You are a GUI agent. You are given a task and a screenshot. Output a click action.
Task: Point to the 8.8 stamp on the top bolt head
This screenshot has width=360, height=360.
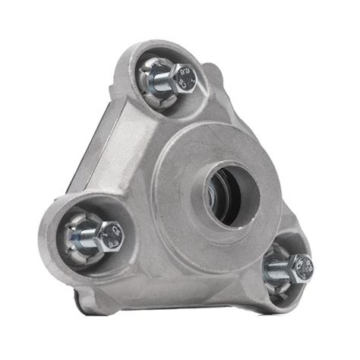tap(179, 74)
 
